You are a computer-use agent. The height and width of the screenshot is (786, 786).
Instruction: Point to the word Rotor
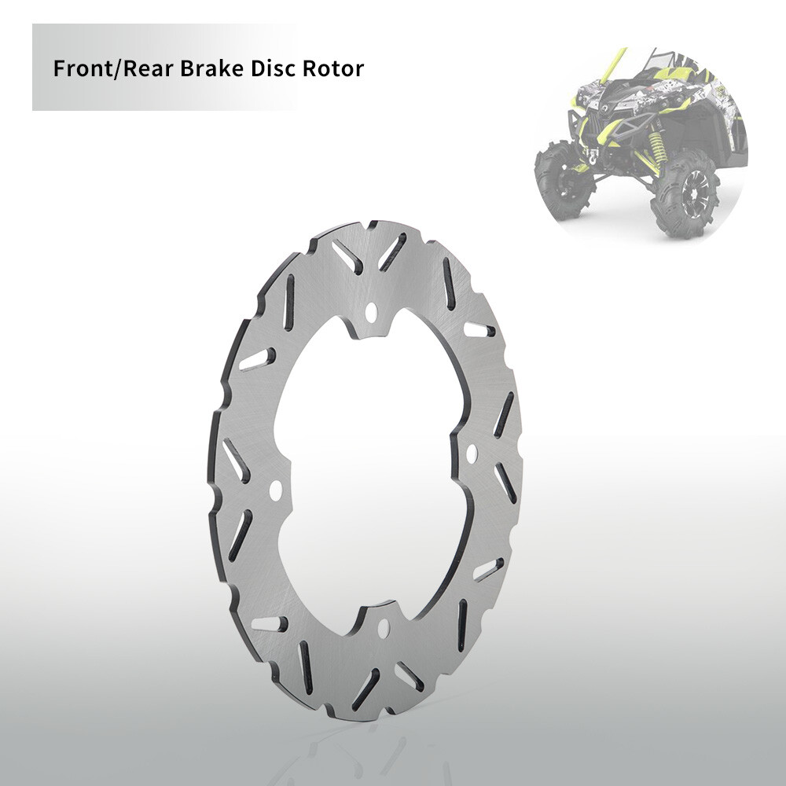[332, 68]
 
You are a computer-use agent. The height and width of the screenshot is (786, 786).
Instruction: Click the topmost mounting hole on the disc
[371, 313]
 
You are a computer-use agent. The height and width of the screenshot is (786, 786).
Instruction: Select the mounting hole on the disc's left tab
[275, 490]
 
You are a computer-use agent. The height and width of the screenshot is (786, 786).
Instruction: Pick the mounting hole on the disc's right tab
[471, 454]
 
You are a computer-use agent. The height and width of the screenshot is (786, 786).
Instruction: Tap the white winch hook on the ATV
[592, 157]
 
